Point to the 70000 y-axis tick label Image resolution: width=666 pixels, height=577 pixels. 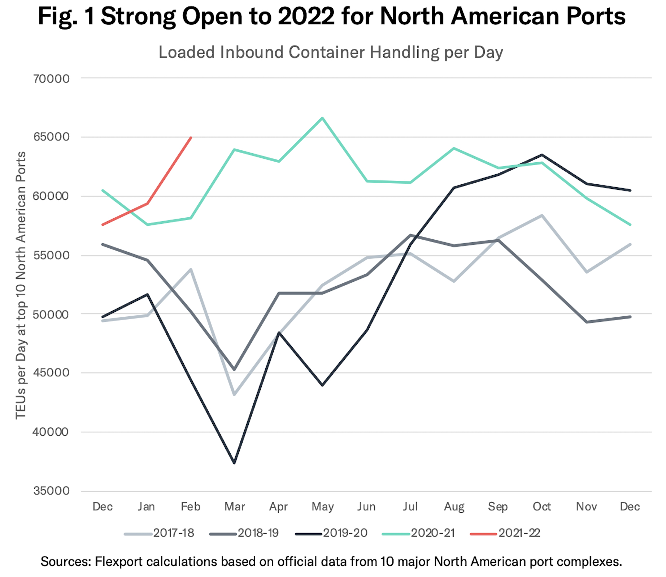point(51,78)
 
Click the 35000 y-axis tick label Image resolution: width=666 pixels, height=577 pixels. point(51,491)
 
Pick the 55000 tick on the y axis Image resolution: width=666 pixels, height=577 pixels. point(51,255)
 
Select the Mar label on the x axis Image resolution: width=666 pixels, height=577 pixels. point(235,507)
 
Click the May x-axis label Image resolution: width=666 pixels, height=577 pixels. point(322,507)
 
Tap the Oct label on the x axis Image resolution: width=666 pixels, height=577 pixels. point(542,507)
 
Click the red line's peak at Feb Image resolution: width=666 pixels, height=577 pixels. point(191,137)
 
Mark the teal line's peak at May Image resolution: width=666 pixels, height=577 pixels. point(322,118)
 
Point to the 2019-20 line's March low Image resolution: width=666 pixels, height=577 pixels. point(235,463)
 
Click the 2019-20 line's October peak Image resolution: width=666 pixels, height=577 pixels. point(542,155)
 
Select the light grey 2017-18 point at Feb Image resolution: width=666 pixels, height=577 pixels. point(191,269)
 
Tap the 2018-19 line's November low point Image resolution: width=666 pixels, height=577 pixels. point(586,322)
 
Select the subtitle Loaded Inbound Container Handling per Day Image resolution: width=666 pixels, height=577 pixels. point(331,52)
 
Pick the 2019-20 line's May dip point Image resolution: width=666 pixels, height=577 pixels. point(322,385)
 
